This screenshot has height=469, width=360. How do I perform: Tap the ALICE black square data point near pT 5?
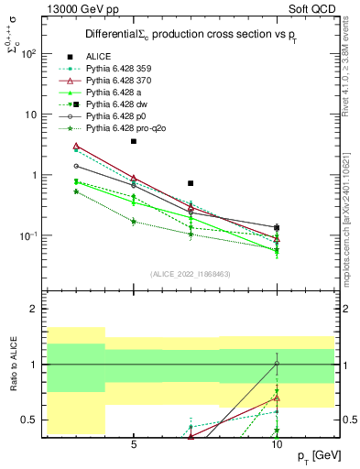pyautogui.click(x=134, y=141)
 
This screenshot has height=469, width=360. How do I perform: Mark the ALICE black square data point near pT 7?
pyautogui.click(x=191, y=183)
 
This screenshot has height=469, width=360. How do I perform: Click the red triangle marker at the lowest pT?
pyautogui.click(x=77, y=147)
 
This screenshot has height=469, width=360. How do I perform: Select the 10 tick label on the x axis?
pyautogui.click(x=277, y=444)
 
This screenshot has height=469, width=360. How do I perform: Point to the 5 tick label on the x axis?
pyautogui.click(x=134, y=444)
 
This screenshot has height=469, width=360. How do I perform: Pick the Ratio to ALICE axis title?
pyautogui.click(x=13, y=365)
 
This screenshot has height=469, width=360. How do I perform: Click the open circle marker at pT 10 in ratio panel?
pyautogui.click(x=277, y=364)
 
